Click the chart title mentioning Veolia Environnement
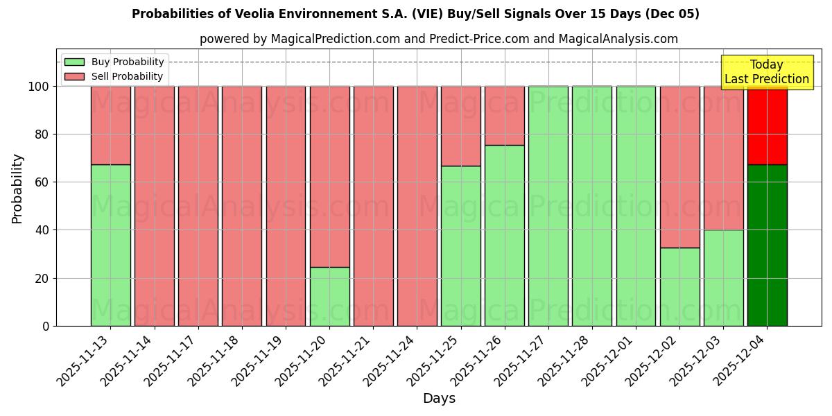point(415,14)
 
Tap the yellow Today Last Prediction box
point(766,72)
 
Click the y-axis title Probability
point(17,189)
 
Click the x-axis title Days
point(439,399)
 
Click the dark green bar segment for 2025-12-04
point(767,245)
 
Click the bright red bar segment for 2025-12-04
point(767,125)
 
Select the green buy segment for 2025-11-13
point(110,245)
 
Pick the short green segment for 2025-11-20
point(329,297)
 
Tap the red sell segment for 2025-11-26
point(504,116)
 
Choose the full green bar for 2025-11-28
point(591,206)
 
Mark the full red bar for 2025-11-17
point(198,206)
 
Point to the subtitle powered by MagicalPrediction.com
point(439,39)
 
